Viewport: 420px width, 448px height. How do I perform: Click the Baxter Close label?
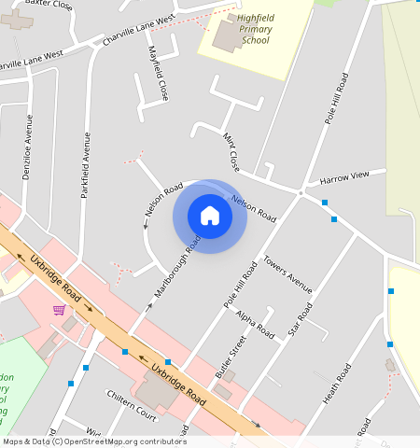[49, 5]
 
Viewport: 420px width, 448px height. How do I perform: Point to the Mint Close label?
[231, 152]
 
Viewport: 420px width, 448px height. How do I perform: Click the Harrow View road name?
[352, 176]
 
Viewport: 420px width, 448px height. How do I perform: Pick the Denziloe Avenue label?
[28, 147]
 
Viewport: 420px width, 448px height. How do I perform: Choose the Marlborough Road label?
[177, 268]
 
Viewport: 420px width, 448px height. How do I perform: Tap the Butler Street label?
[230, 357]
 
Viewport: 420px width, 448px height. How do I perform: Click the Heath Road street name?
[337, 384]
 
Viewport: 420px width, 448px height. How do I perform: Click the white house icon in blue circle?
[210, 216]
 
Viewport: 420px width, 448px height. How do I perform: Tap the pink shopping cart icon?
[59, 309]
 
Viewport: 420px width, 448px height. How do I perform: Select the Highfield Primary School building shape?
[227, 37]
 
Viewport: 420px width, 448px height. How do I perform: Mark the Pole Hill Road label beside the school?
[336, 97]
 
